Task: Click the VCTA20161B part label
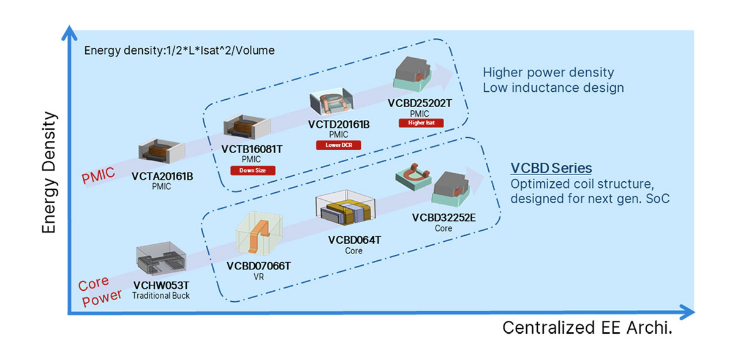point(162,176)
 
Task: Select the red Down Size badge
point(252,170)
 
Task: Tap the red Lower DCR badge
point(338,145)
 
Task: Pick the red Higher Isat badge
point(420,123)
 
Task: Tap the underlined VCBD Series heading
point(551,168)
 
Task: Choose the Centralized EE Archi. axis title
point(587,328)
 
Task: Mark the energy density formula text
point(179,50)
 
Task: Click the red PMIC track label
point(99,176)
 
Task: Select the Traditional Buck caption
point(161,296)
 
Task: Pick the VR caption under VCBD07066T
point(258,276)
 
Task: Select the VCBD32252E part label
point(443,217)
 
